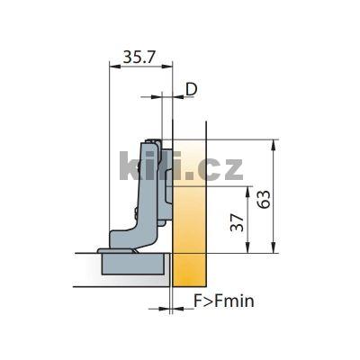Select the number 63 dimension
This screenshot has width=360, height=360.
click(264, 199)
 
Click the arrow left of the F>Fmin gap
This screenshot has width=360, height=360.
click(165, 309)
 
